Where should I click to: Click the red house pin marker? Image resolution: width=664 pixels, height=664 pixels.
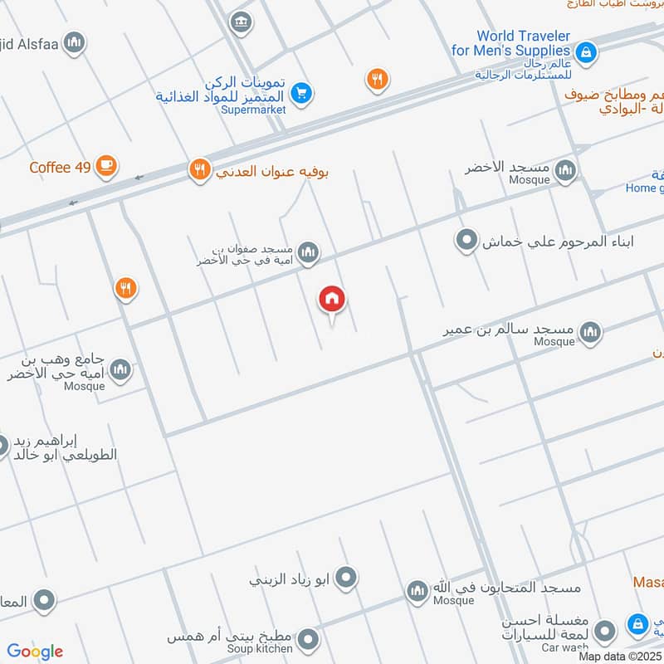pos(332,300)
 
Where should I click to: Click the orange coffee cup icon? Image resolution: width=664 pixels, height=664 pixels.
pos(105,166)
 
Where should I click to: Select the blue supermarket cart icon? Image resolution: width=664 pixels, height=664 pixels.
pos(302,94)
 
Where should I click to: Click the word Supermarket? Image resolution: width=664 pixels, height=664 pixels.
pos(254,110)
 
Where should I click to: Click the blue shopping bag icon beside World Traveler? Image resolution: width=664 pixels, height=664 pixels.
pos(586,52)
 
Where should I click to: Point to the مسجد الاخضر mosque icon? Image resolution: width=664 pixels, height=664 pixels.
pos(565,171)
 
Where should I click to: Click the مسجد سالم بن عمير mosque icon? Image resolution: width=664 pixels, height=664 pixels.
pos(590,333)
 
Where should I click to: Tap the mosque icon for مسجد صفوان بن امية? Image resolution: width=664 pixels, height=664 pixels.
pos(308,251)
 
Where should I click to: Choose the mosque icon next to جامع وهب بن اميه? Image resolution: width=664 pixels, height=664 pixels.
pos(120,369)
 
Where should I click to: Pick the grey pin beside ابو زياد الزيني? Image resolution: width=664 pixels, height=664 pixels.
pos(346,577)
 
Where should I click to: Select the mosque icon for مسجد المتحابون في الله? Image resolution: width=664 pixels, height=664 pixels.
pos(417,591)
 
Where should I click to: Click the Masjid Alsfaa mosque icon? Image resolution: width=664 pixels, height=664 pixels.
pos(74,41)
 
